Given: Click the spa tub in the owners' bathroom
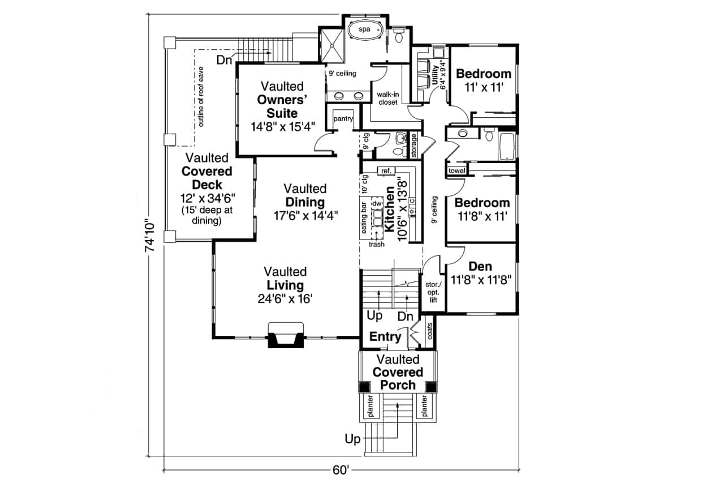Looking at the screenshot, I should [364, 30].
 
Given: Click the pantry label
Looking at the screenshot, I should [343, 119].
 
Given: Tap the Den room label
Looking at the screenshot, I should [480, 266].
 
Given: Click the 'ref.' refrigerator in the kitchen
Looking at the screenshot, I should [387, 170].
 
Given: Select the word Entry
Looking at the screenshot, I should [385, 337].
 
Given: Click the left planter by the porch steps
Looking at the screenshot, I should [369, 407].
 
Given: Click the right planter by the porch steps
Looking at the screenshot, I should [425, 407].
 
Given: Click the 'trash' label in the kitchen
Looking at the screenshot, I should [376, 245].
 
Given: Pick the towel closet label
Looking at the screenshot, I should [456, 171].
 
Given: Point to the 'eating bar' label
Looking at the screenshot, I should [365, 217].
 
